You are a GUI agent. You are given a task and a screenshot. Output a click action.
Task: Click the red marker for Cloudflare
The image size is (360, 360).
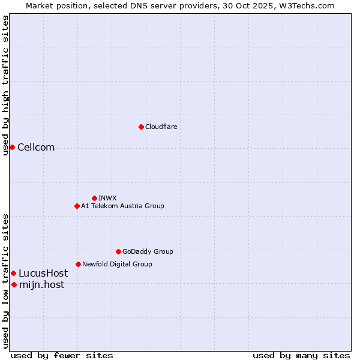coord(141,127)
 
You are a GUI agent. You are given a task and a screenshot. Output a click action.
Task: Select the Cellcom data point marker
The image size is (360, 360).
coord(12,147)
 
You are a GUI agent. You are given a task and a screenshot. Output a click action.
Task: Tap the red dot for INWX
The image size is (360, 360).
coord(94,198)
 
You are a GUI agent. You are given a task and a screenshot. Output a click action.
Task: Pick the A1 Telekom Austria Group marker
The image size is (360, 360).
coord(77,206)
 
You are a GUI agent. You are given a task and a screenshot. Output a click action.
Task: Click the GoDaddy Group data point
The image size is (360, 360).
coord(118,251)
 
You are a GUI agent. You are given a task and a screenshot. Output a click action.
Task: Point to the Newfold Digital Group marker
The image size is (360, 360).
coord(78,264)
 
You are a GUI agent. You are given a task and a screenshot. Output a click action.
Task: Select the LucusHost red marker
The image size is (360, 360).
coord(13,273)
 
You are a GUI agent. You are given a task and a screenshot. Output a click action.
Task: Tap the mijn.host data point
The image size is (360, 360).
coord(14,284)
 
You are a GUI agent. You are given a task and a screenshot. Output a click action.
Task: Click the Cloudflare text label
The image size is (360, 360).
coord(161,127)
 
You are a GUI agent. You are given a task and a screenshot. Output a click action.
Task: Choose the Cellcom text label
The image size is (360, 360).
coord(36,148)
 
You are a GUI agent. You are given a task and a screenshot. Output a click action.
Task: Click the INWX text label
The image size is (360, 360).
coord(107,198)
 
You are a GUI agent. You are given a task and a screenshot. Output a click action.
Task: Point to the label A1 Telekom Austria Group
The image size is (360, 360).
coord(122,206)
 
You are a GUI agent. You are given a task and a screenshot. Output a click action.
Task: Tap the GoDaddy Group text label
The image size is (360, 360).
coord(148,251)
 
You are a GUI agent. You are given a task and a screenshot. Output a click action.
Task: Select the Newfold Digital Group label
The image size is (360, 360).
coord(117,264)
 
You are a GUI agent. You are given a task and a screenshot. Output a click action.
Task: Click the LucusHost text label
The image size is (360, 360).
coord(43,274)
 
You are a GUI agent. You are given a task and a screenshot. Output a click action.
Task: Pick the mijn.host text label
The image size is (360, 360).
coord(41,285)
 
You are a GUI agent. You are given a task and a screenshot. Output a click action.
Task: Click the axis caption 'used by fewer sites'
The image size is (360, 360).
coord(62,355)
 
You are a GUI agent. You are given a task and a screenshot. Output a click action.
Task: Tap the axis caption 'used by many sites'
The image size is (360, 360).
coord(301,355)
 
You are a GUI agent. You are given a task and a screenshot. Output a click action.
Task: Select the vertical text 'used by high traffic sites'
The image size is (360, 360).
coord(5,85)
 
